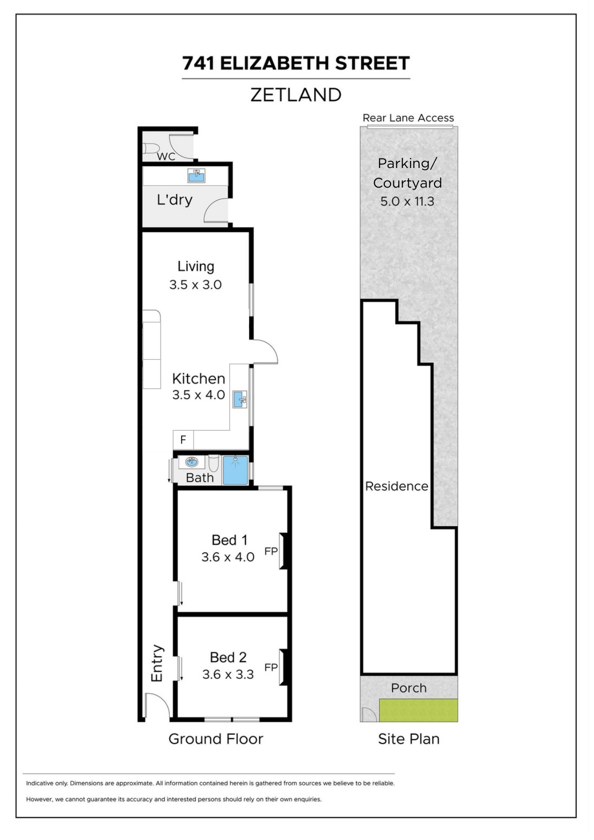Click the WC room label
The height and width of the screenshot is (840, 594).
point(166,156)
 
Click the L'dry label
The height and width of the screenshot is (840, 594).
point(175,200)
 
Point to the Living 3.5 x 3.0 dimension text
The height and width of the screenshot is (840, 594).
point(195,285)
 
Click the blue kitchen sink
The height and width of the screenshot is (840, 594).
point(240,399)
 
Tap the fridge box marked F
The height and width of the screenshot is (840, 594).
point(183,439)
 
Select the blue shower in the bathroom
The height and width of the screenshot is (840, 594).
point(235,470)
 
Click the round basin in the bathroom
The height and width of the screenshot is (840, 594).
point(191,462)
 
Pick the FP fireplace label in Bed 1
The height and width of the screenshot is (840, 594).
point(271,551)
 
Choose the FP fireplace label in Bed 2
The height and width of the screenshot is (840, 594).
point(271,667)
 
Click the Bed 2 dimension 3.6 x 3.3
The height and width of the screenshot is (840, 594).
point(228,674)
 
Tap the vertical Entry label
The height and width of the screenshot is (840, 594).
point(157,663)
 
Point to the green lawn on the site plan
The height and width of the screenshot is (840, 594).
point(418,710)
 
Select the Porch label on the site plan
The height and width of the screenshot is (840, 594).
point(409,688)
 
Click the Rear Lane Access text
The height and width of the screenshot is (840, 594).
point(408,118)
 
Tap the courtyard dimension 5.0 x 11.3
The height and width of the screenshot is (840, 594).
point(407,202)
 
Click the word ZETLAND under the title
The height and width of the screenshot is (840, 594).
point(296,95)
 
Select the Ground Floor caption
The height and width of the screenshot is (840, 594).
point(216,739)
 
